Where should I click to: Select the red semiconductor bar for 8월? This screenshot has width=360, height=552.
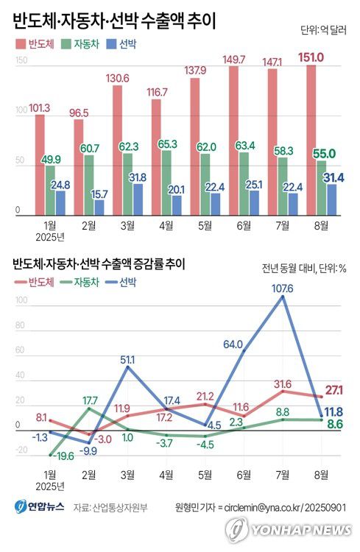click(310, 140)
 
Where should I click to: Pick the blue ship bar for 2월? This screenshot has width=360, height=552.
click(99, 208)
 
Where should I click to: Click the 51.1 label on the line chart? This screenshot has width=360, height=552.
click(129, 359)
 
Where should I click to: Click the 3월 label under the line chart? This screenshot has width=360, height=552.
click(127, 475)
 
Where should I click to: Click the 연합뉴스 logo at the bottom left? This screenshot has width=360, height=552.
click(40, 507)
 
